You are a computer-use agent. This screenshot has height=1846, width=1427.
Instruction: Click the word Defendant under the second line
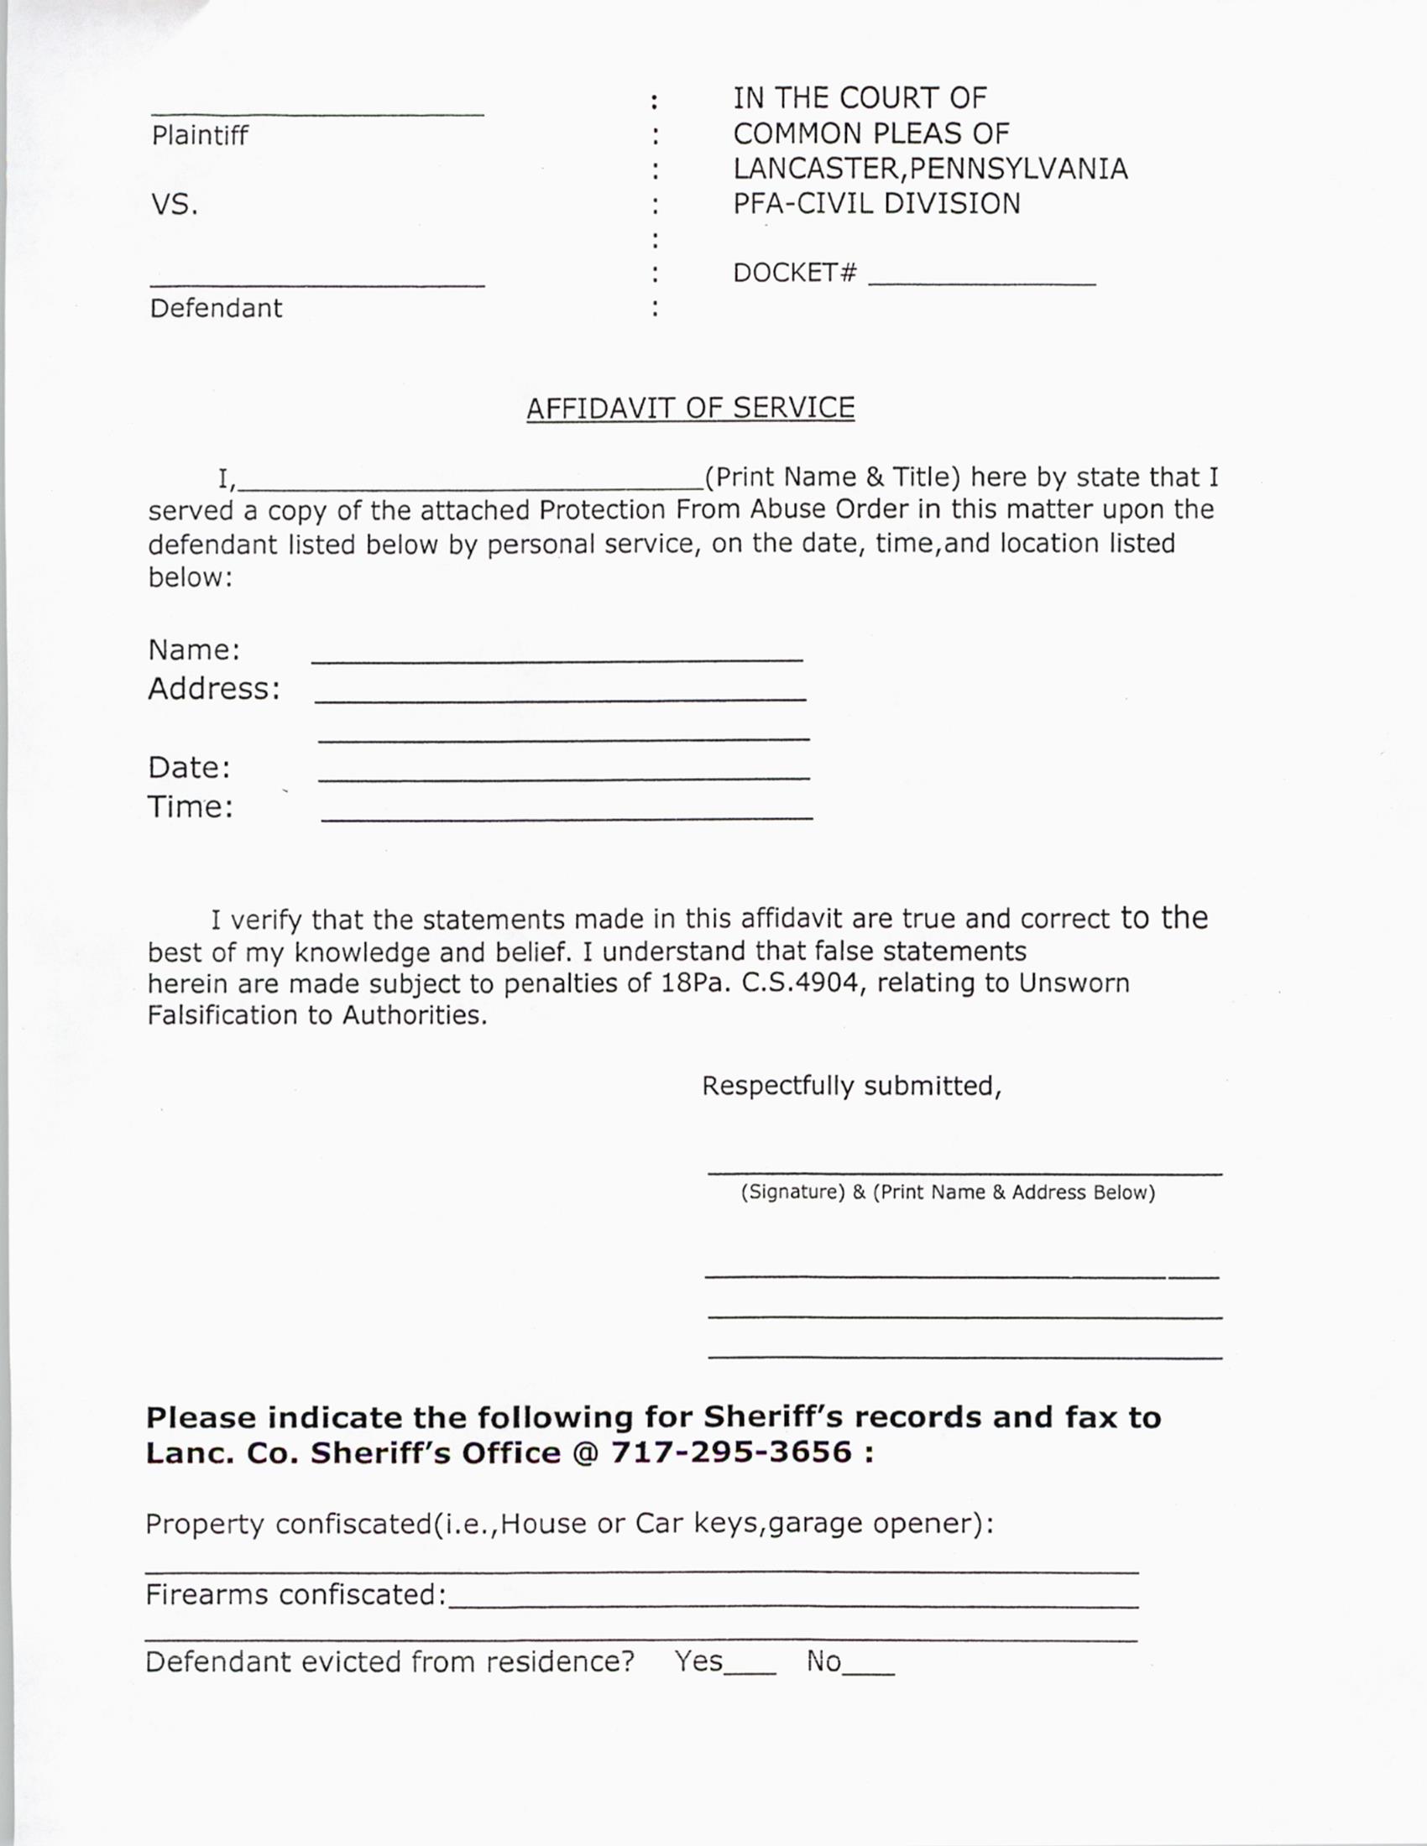point(216,308)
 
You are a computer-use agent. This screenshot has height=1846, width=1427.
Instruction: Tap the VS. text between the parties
point(174,205)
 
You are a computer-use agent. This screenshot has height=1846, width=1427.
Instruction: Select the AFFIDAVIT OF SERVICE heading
point(690,408)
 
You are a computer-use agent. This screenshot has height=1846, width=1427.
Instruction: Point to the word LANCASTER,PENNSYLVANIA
point(930,168)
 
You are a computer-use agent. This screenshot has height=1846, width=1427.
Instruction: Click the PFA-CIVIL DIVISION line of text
point(876,204)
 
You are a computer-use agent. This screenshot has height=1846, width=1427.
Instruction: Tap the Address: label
point(214,688)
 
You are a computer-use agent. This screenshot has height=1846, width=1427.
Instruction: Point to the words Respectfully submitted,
point(851,1085)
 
